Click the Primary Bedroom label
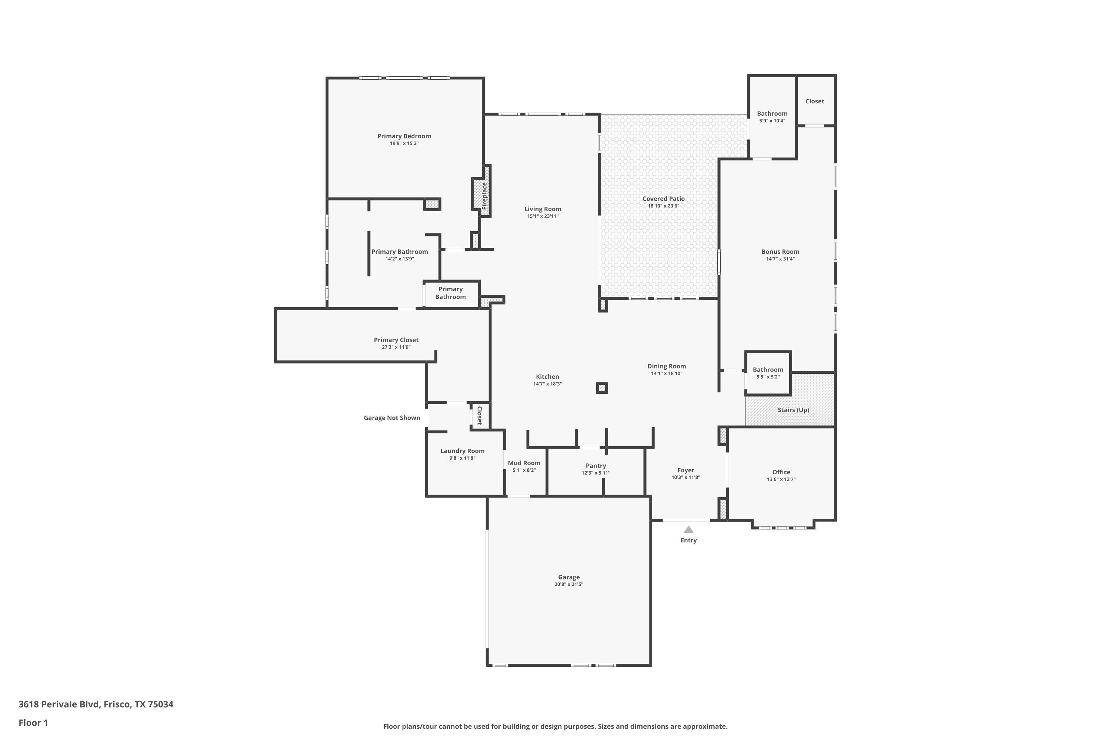coord(404,136)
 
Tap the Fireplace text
coord(484,196)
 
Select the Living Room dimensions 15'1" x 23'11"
coord(543,216)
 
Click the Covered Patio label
coord(663,199)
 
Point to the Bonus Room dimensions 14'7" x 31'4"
coord(780,259)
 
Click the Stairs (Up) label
coord(793,410)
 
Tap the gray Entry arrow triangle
coord(689,529)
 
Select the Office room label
coord(781,472)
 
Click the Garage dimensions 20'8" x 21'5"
coord(569,584)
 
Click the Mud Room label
coord(524,463)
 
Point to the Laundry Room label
coord(463,451)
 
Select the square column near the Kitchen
coord(602,388)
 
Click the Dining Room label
coord(667,366)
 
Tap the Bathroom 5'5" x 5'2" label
coord(768,369)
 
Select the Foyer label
coord(685,470)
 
